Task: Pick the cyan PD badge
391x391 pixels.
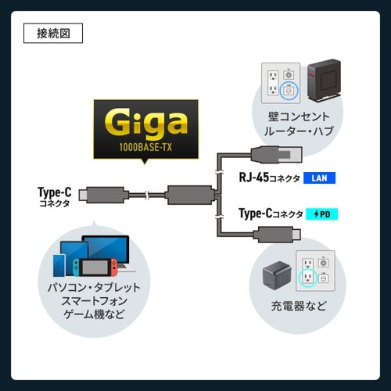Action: coord(321,213)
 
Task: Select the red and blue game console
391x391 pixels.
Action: coord(96,267)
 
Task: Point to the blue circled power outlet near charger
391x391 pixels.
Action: coord(306,275)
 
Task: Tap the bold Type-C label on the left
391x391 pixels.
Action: coord(54,191)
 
